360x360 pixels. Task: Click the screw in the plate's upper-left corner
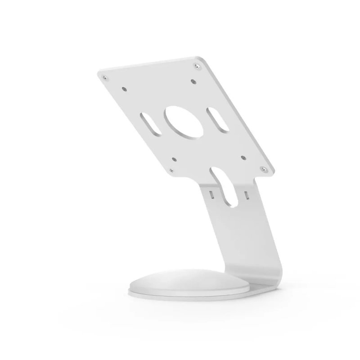(x=106, y=79)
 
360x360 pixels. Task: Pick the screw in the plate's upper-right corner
(x=197, y=67)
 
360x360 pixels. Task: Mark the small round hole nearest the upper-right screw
(x=193, y=81)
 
